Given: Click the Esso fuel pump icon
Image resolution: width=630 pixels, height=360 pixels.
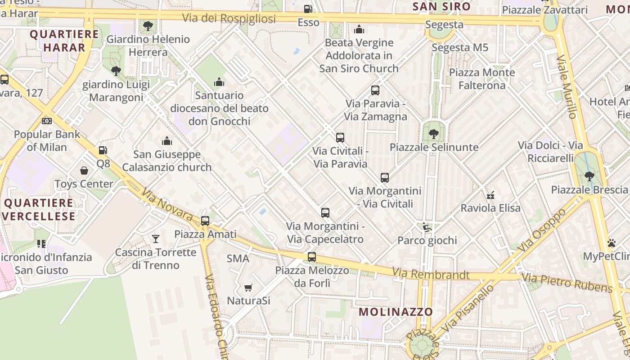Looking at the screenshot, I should tap(308, 9).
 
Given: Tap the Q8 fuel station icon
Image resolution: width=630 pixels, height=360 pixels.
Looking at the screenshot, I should tap(103, 150).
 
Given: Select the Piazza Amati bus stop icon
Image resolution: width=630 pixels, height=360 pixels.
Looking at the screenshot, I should tap(205, 220).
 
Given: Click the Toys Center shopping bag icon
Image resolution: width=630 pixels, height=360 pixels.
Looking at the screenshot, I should tap(84, 171).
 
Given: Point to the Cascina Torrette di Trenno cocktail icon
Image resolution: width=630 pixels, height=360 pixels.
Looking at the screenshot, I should tap(156, 238).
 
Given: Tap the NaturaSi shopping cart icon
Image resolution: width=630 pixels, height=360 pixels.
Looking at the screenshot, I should tap(248, 287).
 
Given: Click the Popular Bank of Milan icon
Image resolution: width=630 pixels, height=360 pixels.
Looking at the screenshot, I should tap(47, 121).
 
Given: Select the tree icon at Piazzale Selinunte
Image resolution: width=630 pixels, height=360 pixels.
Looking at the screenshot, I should tap(433, 134).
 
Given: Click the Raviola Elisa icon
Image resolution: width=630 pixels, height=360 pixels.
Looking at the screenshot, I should tap(490, 195).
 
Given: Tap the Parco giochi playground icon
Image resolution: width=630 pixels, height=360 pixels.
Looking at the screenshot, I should tap(427, 227).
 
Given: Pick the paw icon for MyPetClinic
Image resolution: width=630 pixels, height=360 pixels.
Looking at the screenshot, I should tap(611, 243).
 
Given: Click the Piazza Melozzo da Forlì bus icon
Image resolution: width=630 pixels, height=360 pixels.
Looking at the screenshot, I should tap(312, 257).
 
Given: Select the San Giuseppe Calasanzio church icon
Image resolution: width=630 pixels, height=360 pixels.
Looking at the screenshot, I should tap(167, 141).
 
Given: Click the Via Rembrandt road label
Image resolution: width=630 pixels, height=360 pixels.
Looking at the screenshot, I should tap(431, 274).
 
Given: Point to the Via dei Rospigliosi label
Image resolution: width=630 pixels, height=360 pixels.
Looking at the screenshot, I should tap(229, 18).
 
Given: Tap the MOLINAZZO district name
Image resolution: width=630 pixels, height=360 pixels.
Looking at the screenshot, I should tap(396, 311).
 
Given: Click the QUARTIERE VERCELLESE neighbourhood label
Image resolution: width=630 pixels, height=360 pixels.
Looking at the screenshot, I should tap(39, 209).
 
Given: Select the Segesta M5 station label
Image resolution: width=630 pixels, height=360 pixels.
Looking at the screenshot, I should tap(460, 47).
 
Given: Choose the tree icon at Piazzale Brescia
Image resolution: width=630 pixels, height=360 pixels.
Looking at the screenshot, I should tap(589, 176).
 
